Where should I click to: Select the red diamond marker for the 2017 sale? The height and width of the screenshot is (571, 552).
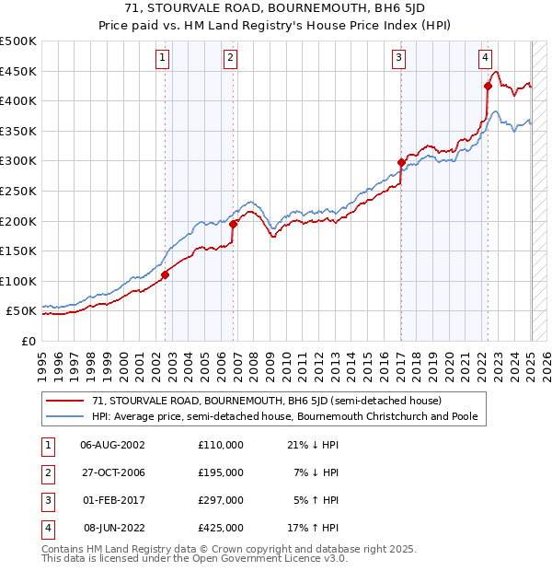coord(401,163)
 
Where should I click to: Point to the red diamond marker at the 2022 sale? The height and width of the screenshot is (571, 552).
coord(488,87)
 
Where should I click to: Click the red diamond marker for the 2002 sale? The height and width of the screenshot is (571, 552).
coord(166,274)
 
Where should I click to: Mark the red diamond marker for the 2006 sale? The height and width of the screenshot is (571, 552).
coord(234,224)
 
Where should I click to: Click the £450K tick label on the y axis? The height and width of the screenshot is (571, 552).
coord(18,71)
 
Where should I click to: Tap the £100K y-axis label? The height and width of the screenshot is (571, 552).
coord(18,281)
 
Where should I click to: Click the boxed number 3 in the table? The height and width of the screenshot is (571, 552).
coord(46,500)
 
